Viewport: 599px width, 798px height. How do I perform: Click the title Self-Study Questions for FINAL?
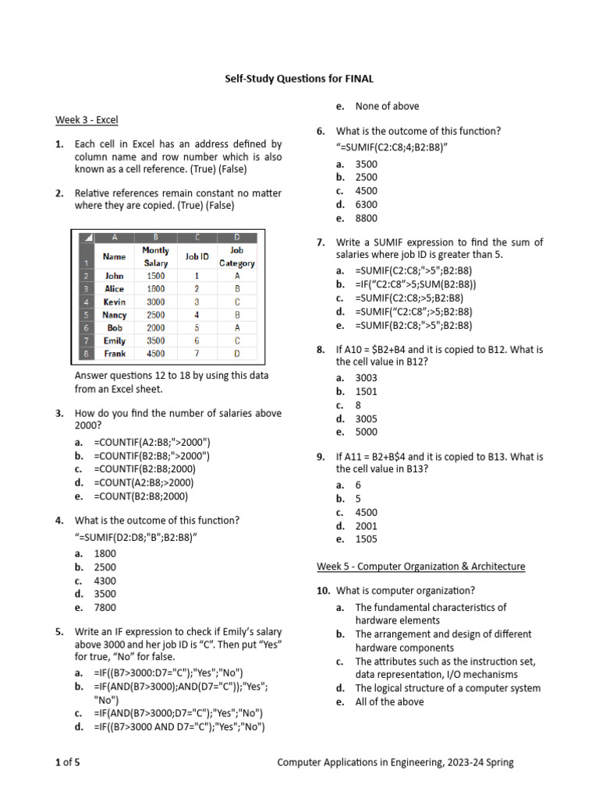[x=299, y=79]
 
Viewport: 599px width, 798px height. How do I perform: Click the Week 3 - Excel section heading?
[x=86, y=120]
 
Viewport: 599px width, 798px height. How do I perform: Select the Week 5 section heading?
[x=420, y=567]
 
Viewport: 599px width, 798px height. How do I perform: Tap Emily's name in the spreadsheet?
[x=115, y=341]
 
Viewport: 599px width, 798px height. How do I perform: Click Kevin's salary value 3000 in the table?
[x=156, y=302]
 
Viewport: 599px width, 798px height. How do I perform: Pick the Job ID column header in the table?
[x=197, y=256]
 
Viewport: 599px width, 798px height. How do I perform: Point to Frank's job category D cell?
[x=236, y=354]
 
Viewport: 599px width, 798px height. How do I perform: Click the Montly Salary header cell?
[x=156, y=256]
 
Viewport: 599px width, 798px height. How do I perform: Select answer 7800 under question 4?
[x=105, y=608]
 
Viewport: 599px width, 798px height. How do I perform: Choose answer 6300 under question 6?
[x=366, y=205]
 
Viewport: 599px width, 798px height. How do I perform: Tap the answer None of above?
[x=387, y=107]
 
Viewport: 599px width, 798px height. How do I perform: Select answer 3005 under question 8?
[x=366, y=418]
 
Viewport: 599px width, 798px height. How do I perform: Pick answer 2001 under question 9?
[x=366, y=526]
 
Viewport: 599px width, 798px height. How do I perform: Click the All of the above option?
[x=389, y=702]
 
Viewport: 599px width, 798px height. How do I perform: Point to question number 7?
[x=321, y=243]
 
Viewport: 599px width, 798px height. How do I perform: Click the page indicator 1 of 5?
[x=68, y=763]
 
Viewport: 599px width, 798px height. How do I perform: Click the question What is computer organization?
[x=405, y=591]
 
